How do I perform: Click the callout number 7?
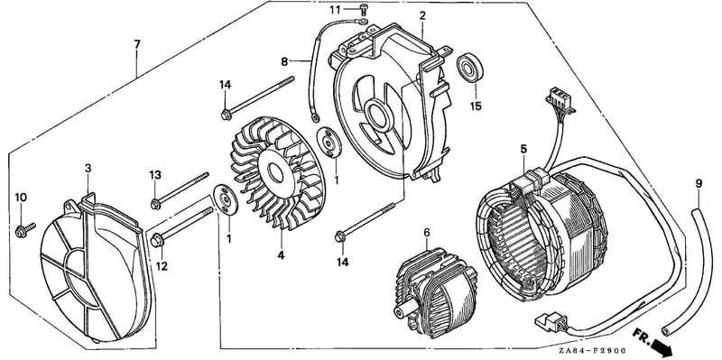click(137, 44)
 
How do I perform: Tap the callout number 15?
click(476, 106)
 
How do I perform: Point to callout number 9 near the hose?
click(699, 184)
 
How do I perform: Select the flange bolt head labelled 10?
click(21, 233)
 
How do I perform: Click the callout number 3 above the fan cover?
click(88, 169)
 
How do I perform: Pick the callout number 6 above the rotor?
click(427, 233)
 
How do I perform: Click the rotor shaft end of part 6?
click(399, 310)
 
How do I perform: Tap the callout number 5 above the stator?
click(523, 149)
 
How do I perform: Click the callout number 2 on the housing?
click(422, 15)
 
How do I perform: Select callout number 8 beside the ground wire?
click(284, 61)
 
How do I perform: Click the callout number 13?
click(155, 175)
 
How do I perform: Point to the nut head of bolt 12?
click(157, 240)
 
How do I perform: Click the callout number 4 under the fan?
click(281, 255)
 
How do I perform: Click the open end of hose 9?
click(665, 331)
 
